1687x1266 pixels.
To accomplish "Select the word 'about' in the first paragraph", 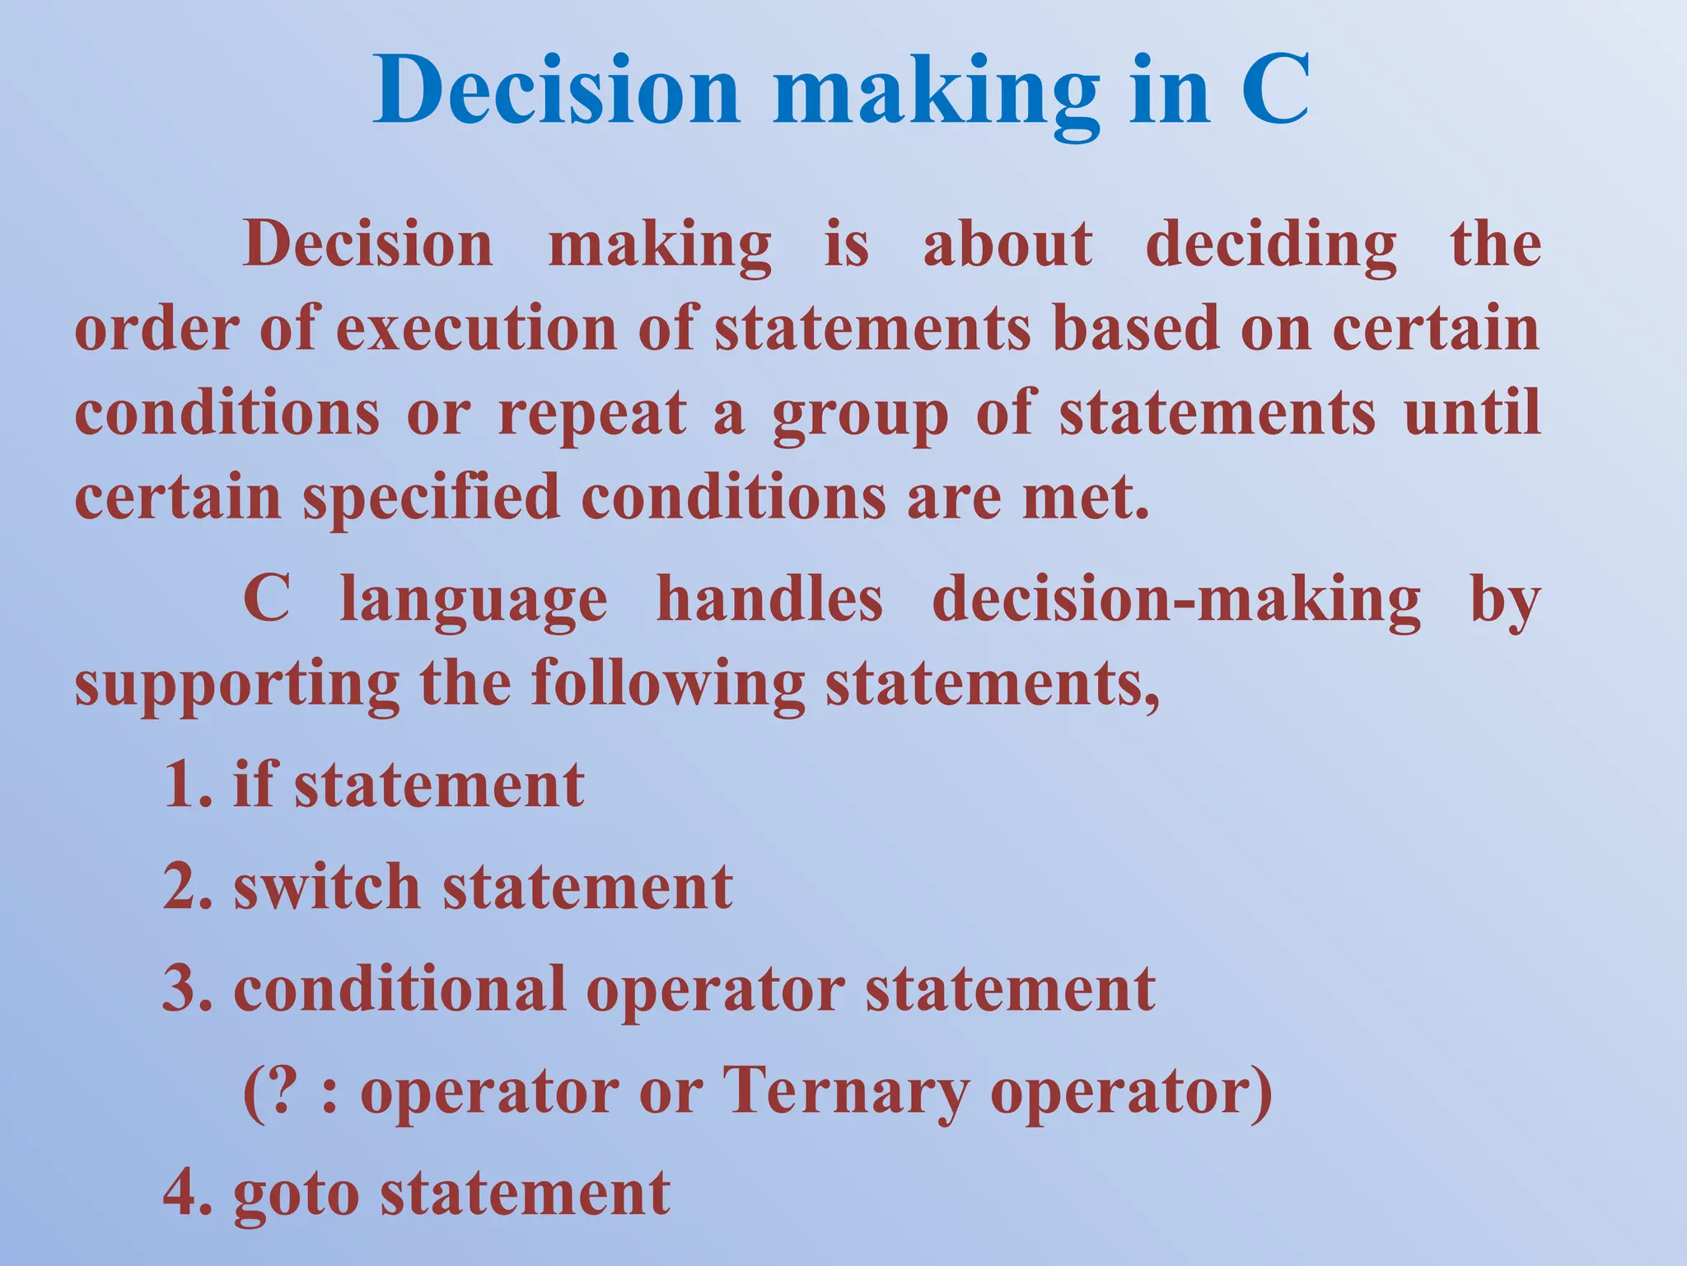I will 1007,245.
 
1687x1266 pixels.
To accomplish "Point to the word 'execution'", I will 476,328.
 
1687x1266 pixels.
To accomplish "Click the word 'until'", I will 1472,411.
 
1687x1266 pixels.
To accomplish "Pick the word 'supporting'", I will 237,686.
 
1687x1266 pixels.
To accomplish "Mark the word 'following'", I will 667,686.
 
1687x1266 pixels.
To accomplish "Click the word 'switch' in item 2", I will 327,887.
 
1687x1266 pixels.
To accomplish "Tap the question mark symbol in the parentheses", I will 281,1091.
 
